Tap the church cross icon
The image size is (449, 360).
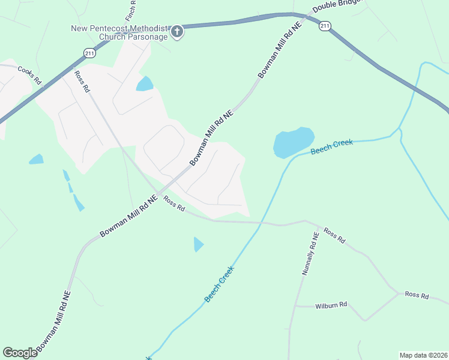(177, 32)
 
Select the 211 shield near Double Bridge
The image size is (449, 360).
(325, 26)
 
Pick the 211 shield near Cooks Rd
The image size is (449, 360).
(89, 52)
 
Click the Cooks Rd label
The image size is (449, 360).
(29, 75)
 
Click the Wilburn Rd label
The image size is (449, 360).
(331, 305)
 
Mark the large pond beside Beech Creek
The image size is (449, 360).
(293, 143)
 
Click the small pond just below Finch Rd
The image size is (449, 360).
(145, 83)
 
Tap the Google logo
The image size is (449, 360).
(20, 352)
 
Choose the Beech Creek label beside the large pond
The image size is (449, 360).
(332, 147)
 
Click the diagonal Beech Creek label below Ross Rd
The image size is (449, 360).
(218, 283)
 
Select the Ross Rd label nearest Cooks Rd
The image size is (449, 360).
(82, 81)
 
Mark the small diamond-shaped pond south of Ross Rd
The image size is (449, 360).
(198, 244)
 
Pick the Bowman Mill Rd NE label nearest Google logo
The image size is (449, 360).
(54, 322)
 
